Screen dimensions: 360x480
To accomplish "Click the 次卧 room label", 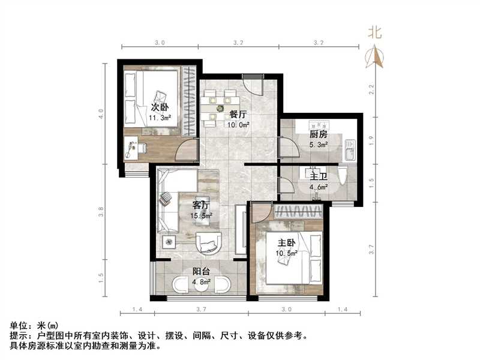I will (x=158, y=107).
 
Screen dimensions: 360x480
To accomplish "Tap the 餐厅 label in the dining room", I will (x=238, y=114).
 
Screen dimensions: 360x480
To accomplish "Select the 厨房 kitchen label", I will (x=317, y=134).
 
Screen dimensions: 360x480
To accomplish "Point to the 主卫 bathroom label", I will (x=317, y=176).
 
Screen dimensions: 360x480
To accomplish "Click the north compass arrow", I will (x=378, y=56).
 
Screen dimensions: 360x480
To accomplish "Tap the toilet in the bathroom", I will (x=343, y=176).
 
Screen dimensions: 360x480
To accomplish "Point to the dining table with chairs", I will (x=220, y=108).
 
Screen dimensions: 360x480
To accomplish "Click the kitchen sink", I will (x=351, y=150).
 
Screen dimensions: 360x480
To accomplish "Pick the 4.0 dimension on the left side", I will (x=101, y=112).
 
